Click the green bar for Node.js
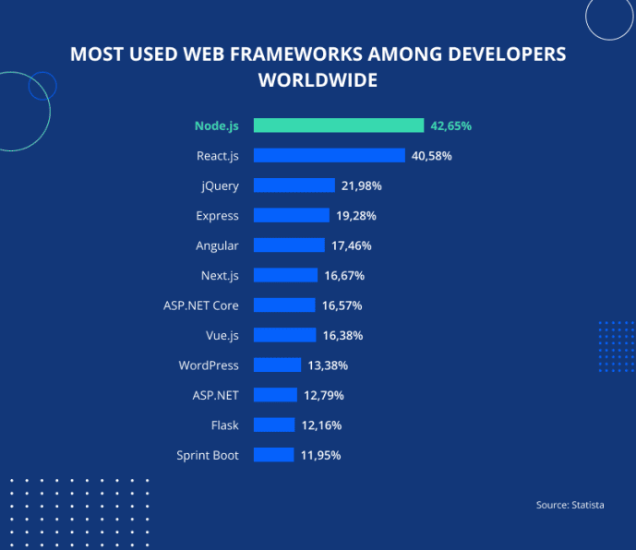tap(339, 126)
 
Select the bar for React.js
tap(329, 156)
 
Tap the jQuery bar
tap(294, 185)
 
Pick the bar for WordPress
tap(277, 365)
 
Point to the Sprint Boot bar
tap(273, 455)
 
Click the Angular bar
tap(289, 245)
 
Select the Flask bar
tap(274, 425)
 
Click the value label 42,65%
tap(451, 126)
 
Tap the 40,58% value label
tap(431, 156)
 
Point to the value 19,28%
tap(355, 216)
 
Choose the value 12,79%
tap(323, 396)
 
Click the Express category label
tap(217, 216)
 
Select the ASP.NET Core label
tap(200, 305)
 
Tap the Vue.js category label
tap(222, 335)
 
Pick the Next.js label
tap(220, 276)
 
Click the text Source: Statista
tap(570, 506)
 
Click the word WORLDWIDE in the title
tap(318, 80)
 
